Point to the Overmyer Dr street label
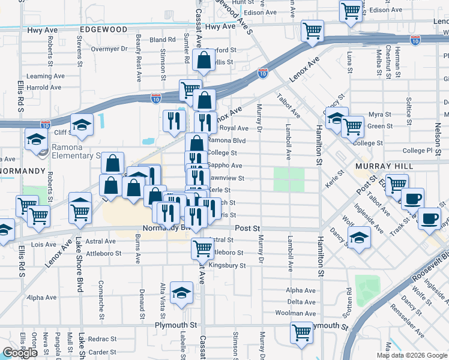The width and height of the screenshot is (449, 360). [x=110, y=49]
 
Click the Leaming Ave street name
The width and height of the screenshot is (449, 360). [x=48, y=76]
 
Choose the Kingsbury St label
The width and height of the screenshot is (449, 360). [x=226, y=265]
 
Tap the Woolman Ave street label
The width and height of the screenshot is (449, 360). [x=295, y=313]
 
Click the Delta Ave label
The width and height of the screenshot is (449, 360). [x=301, y=302]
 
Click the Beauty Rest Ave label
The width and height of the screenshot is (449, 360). [x=138, y=58]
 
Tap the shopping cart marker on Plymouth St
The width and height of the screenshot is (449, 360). [x=301, y=332]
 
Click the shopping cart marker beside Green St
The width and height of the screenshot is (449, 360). [x=352, y=125]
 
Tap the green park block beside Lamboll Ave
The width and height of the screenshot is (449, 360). [x=289, y=179]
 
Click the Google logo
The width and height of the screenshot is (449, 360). [x=20, y=353]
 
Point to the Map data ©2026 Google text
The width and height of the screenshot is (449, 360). [x=412, y=355]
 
